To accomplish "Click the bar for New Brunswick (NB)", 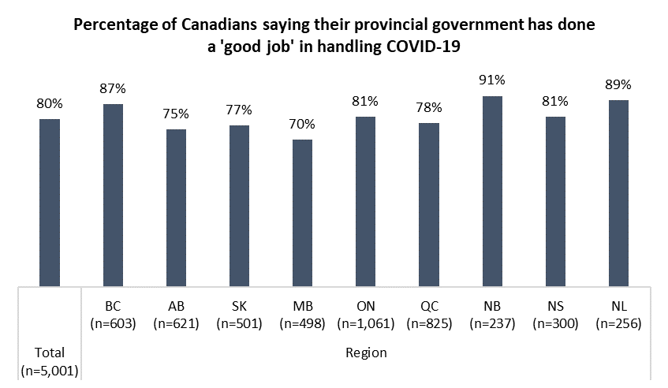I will (492, 189).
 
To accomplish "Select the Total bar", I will (50, 201).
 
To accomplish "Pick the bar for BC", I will (113, 193).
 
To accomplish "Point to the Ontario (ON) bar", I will (366, 200).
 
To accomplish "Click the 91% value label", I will (492, 80).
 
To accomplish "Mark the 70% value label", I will (303, 124).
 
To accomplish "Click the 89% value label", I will (618, 84).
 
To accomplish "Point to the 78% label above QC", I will (429, 106).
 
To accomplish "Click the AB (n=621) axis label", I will (177, 314).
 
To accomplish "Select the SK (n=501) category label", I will (240, 314).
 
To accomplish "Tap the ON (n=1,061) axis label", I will (366, 314).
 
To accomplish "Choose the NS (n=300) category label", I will (555, 314).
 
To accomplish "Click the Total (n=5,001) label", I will (50, 360).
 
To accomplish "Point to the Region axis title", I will (366, 353).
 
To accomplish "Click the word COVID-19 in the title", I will (421, 46).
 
